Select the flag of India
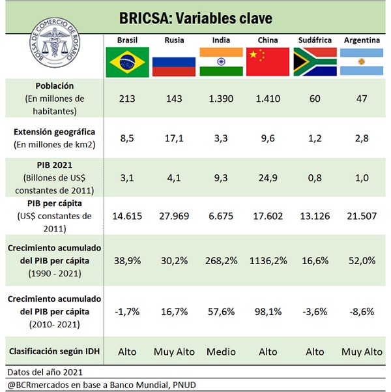[221, 62]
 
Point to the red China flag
[268, 62]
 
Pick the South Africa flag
[315, 62]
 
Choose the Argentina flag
[362, 62]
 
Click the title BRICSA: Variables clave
[195, 16]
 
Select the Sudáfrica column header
[315, 40]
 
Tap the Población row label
[55, 86]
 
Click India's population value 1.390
[221, 98]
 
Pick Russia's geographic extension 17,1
[174, 138]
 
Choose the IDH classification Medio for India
[221, 352]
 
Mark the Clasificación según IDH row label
[55, 351]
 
